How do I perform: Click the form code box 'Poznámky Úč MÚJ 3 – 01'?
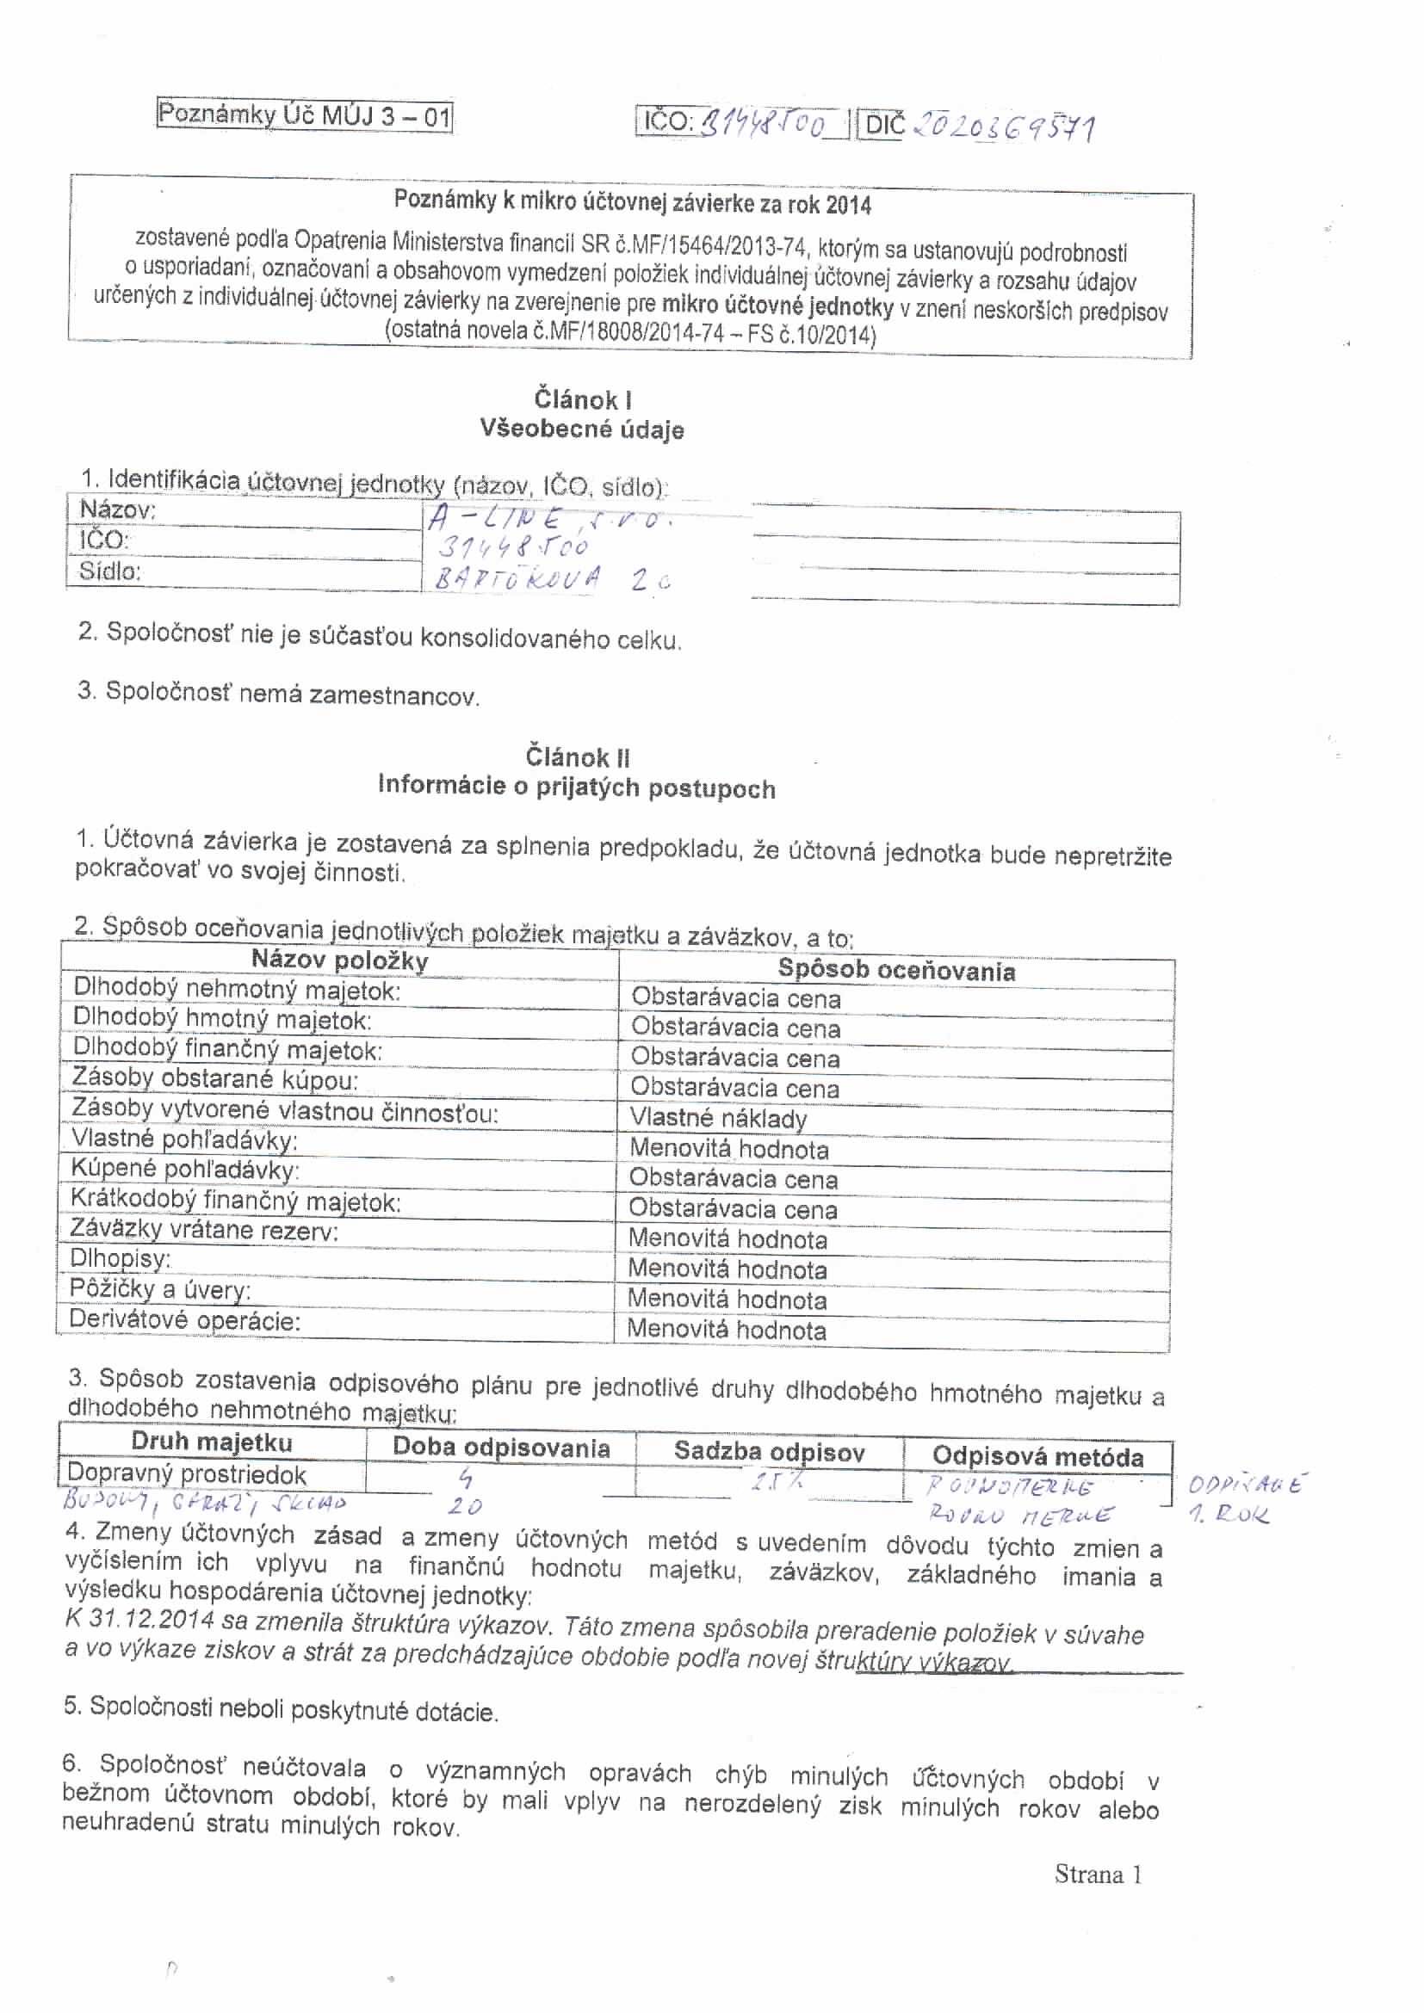pos(304,114)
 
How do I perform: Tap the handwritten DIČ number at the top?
pos(1004,128)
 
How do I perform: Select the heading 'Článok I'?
pos(582,400)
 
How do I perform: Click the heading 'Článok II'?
pos(577,756)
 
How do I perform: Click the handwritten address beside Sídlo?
pos(548,578)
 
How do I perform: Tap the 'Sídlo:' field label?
pos(109,571)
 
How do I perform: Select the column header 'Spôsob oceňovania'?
pos(896,971)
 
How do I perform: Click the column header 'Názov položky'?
pos(339,960)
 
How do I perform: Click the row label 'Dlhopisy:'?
pos(121,1260)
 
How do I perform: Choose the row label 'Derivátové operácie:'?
pos(184,1320)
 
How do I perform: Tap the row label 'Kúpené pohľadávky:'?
pos(184,1170)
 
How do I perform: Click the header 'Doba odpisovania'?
pos(501,1448)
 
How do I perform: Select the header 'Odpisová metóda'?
pos(1037,1456)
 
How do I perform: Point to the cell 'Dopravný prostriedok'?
pos(186,1473)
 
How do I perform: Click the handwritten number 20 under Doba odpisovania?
pos(464,1506)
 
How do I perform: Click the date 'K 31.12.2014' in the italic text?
pos(139,1618)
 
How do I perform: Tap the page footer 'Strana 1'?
pos(1098,1874)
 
